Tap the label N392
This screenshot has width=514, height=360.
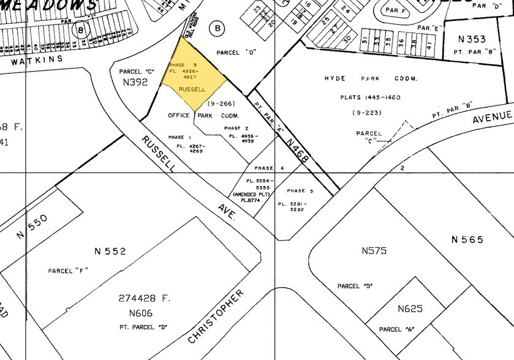point(135,81)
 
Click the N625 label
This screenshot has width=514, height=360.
point(410,309)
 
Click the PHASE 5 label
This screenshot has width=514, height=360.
point(300,190)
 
